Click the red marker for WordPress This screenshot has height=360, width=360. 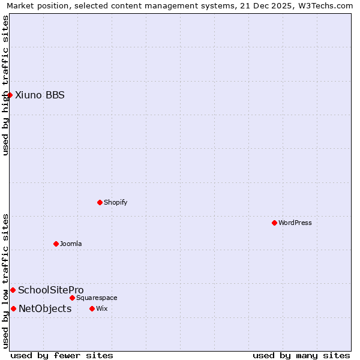tap(274, 223)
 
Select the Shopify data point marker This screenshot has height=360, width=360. tap(100, 202)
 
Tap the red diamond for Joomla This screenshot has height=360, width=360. tap(56, 244)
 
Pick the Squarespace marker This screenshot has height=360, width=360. tap(72, 298)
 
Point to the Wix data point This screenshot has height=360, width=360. tap(92, 308)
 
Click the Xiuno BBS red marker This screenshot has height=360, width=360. tap(10, 95)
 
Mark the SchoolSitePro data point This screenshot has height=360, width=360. tap(13, 290)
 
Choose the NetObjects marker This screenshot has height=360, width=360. tap(13, 308)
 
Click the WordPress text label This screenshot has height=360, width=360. tap(295, 223)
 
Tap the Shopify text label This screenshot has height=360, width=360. tap(116, 202)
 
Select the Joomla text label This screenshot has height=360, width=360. tap(71, 244)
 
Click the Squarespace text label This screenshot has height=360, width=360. tap(97, 298)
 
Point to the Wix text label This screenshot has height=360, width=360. tap(102, 308)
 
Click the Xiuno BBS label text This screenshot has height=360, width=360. tap(40, 95)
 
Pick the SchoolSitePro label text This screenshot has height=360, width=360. tap(51, 290)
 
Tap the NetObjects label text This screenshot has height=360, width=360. tap(45, 308)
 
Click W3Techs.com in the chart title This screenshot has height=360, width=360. tap(325, 6)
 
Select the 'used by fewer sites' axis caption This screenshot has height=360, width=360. tap(62, 355)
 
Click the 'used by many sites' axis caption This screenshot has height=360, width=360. tap(301, 355)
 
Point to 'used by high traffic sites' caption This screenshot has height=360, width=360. tap(6, 85)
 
